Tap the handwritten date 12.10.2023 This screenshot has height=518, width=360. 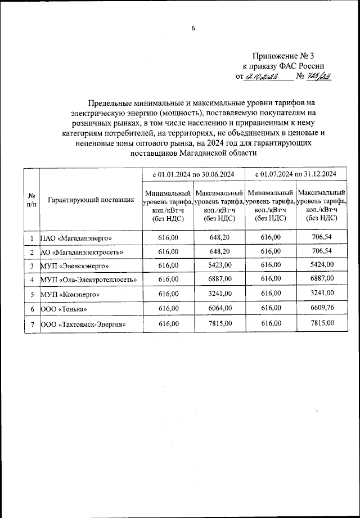[263, 77]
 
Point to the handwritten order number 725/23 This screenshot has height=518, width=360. [318, 77]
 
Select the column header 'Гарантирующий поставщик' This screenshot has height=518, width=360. [90, 199]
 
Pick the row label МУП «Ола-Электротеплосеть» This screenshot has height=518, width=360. [89, 280]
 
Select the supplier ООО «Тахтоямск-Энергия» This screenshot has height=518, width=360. [82, 324]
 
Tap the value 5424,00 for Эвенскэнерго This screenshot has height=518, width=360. [322, 264]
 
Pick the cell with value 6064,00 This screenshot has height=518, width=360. [219, 308]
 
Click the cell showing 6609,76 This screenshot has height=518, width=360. [322, 308]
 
